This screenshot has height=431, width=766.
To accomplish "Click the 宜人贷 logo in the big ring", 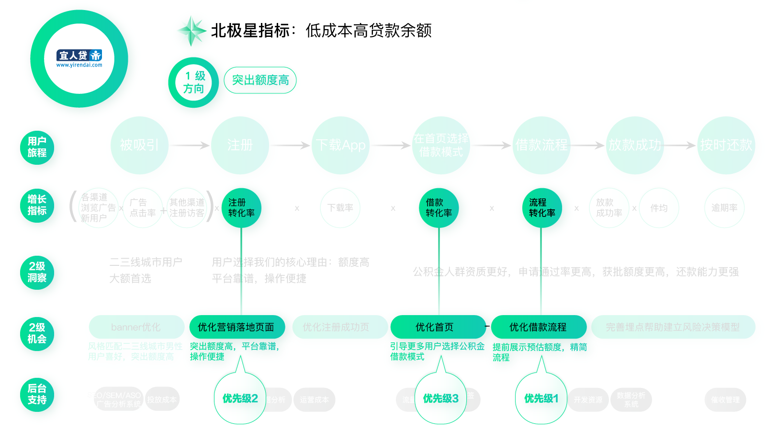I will [79, 58].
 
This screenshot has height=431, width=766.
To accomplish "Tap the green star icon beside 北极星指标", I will [191, 31].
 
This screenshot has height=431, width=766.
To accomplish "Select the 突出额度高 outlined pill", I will [260, 80].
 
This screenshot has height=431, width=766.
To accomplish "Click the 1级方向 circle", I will [193, 82].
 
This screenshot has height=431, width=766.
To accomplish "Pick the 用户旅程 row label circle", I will [37, 147].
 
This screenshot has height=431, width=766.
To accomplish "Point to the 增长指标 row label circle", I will [37, 205].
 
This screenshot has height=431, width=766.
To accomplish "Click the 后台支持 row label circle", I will [37, 394].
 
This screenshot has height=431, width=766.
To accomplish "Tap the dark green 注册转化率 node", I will [241, 208].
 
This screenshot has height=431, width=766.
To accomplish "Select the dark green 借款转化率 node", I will [439, 208].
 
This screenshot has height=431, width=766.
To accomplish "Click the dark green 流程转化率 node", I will [541, 208].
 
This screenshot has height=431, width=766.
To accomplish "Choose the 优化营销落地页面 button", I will [237, 327].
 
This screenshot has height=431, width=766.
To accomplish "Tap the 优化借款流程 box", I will [539, 327].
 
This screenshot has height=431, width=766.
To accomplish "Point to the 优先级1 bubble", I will [541, 398].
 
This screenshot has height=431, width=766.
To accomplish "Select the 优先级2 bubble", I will [240, 398].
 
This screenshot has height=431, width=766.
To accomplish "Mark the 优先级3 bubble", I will [440, 398].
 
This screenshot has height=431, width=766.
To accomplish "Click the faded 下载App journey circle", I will [340, 145].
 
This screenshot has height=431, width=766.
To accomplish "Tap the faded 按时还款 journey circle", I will [726, 145].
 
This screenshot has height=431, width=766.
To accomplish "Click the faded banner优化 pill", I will [136, 327].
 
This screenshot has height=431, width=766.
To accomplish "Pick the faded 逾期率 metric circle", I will [724, 208].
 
